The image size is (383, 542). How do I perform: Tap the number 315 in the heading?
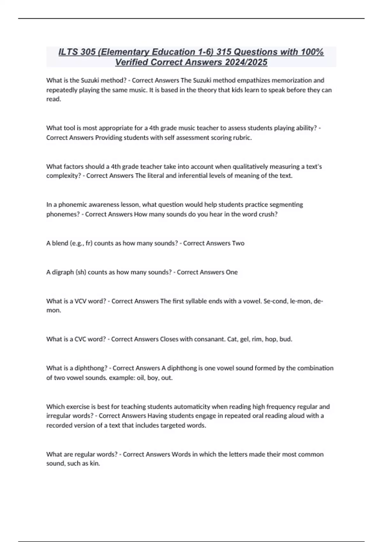tap(223, 52)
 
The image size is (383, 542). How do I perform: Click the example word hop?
tap(271, 339)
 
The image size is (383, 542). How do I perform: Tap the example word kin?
tap(95, 464)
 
